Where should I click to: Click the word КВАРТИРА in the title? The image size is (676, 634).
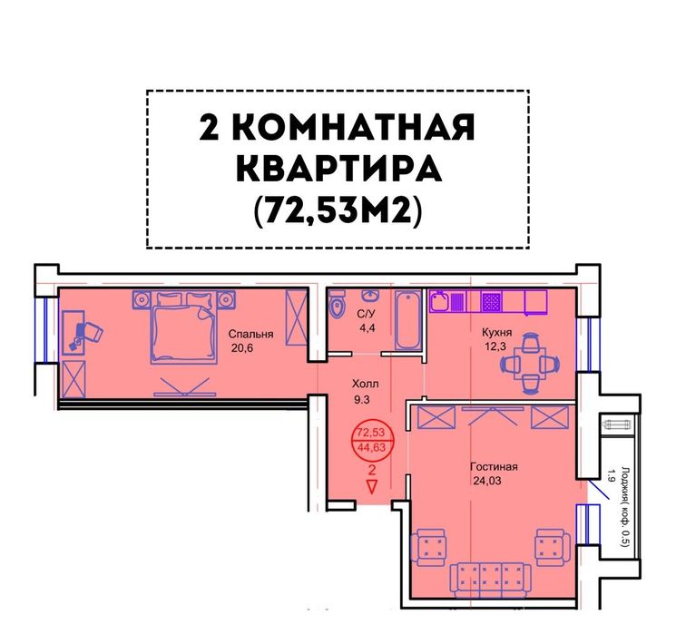pyautogui.click(x=339, y=169)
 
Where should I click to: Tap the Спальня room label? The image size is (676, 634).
pyautogui.click(x=250, y=334)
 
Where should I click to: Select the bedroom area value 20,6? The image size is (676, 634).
pyautogui.click(x=242, y=347)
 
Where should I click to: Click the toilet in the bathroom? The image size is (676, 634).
pyautogui.click(x=337, y=304)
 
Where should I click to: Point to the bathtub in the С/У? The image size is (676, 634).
pyautogui.click(x=407, y=319)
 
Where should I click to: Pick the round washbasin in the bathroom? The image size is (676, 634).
pyautogui.click(x=370, y=296)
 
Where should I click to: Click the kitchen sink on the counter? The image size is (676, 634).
pyautogui.click(x=440, y=301)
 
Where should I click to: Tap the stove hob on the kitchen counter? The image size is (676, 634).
pyautogui.click(x=491, y=301)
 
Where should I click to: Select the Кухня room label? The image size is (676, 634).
pyautogui.click(x=496, y=332)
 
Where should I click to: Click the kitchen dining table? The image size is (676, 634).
pyautogui.click(x=530, y=364)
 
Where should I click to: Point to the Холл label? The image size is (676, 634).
pyautogui.click(x=365, y=383)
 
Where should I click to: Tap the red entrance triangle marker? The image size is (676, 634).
pyautogui.click(x=372, y=486)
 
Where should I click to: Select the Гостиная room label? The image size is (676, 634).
pyautogui.click(x=494, y=467)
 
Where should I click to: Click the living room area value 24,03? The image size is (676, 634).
pyautogui.click(x=487, y=481)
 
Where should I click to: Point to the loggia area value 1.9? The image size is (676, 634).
pyautogui.click(x=610, y=475)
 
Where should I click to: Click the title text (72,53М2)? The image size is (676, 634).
pyautogui.click(x=338, y=211)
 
